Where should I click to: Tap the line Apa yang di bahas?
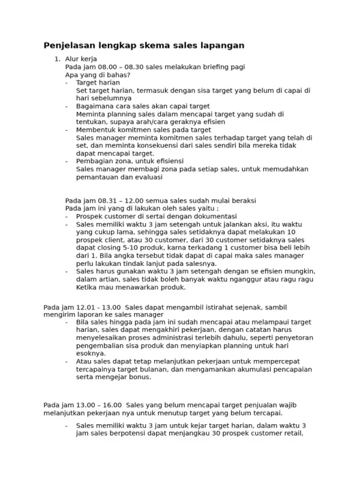coord(98,75)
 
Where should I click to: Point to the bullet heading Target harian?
coord(98,83)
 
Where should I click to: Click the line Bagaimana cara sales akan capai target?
coord(134,106)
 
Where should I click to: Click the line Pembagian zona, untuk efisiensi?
coord(130,161)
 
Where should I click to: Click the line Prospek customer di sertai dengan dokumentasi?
coord(156,216)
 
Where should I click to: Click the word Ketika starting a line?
coord(87,287)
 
